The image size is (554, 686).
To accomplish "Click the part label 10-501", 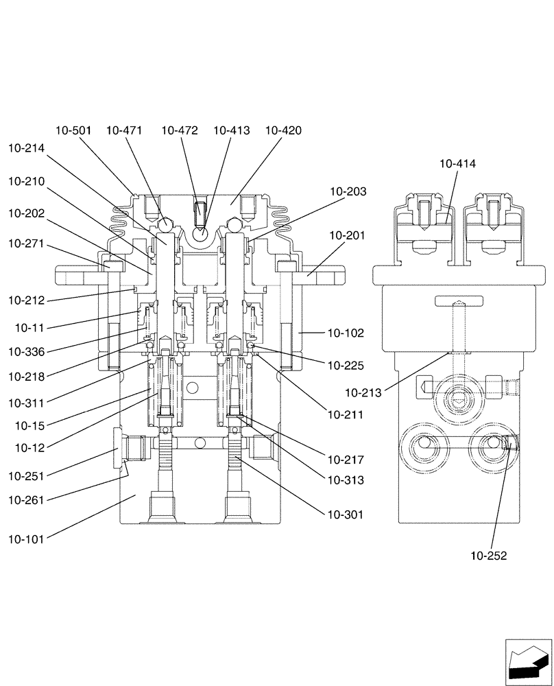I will pyautogui.click(x=73, y=130).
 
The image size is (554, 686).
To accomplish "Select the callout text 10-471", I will pyautogui.click(x=124, y=130).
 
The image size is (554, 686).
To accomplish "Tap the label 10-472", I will pyautogui.click(x=180, y=130).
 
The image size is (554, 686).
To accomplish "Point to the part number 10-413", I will pyautogui.click(x=231, y=130).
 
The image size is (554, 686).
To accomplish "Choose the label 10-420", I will pyautogui.click(x=283, y=130).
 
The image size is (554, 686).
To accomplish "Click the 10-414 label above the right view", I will pyautogui.click(x=458, y=164).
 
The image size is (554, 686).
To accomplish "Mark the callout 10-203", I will pyautogui.click(x=348, y=191).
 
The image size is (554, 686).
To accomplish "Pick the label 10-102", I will pyautogui.click(x=346, y=333).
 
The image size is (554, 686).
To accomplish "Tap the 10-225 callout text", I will pyautogui.click(x=346, y=366).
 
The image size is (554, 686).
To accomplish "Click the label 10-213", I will pyautogui.click(x=363, y=393).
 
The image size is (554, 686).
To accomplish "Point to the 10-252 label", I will pyautogui.click(x=489, y=556).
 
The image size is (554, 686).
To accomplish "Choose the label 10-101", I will pyautogui.click(x=26, y=539).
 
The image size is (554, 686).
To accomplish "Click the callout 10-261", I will pyautogui.click(x=26, y=500).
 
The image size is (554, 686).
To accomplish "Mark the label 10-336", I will pyautogui.click(x=26, y=352).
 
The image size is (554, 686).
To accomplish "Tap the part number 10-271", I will pyautogui.click(x=26, y=243).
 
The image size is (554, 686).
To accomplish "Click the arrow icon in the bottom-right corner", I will pyautogui.click(x=527, y=663).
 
